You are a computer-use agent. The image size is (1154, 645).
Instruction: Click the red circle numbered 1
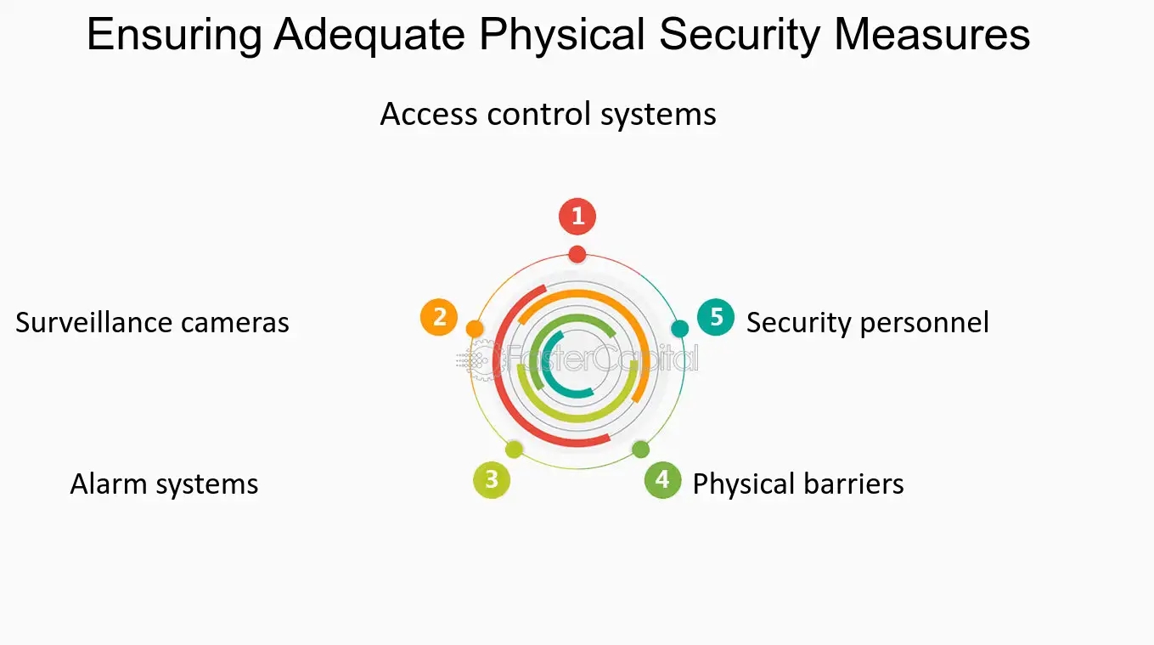(x=577, y=217)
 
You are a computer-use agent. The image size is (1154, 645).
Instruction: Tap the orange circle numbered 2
(x=439, y=318)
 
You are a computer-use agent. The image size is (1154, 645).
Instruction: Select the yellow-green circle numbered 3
(x=492, y=480)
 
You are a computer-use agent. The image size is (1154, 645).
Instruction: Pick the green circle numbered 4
(x=662, y=480)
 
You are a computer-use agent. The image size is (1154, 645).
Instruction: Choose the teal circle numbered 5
(x=716, y=318)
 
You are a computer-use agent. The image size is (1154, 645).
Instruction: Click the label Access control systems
(x=548, y=114)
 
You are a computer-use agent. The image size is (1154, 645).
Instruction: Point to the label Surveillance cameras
(x=152, y=323)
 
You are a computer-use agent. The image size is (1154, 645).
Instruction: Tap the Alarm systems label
(x=164, y=484)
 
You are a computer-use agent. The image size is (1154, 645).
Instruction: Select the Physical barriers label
(x=798, y=484)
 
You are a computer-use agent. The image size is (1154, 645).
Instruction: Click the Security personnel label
(x=867, y=323)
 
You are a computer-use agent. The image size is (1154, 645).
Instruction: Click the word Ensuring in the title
(x=173, y=36)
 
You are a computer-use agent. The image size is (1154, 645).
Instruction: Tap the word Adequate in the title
(x=369, y=36)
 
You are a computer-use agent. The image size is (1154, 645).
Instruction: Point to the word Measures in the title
(x=932, y=36)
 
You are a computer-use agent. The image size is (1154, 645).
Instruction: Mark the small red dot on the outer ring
(x=577, y=253)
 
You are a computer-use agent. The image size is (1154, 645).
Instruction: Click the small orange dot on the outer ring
(x=476, y=328)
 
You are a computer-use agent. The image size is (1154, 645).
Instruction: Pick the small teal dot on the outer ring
(x=679, y=328)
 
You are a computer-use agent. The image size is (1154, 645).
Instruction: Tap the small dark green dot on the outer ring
(x=641, y=450)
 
